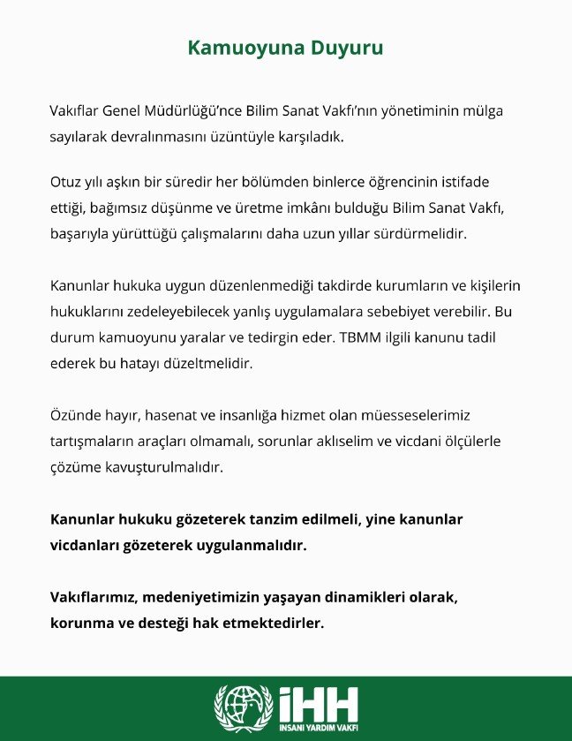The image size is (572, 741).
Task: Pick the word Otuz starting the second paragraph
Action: point(65,182)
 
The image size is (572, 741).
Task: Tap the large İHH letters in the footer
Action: point(318,702)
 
